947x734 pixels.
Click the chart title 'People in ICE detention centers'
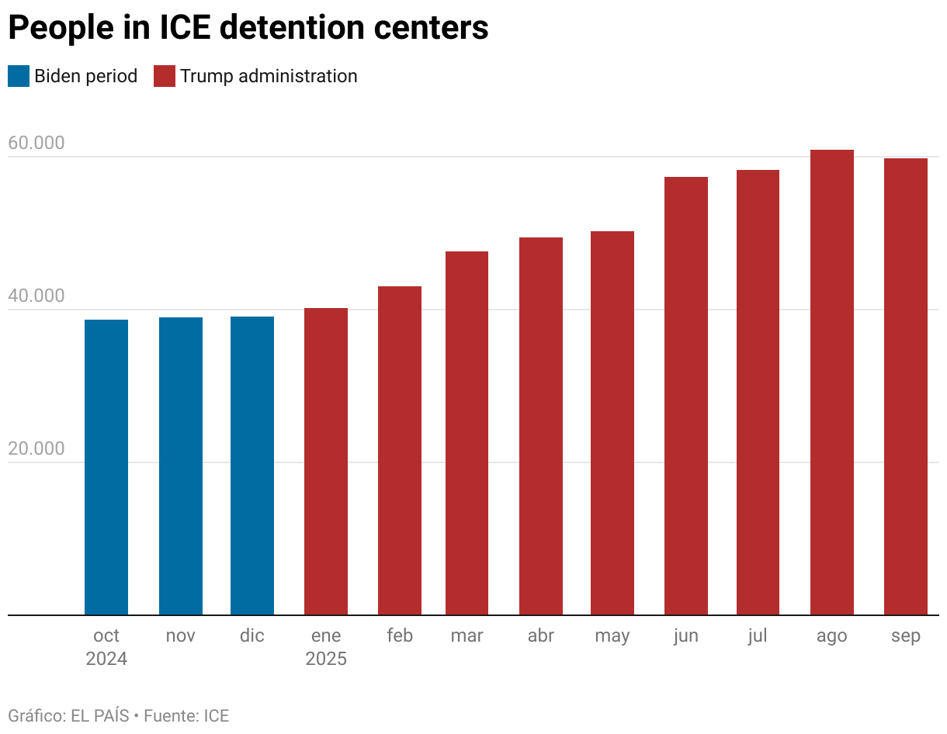(248, 28)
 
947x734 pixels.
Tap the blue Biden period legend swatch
(19, 76)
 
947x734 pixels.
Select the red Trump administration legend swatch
(165, 76)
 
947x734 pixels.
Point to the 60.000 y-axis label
(36, 144)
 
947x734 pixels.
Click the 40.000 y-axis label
(36, 296)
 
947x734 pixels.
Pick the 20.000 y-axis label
(36, 449)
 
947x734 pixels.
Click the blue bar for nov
(181, 466)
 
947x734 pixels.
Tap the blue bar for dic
(252, 466)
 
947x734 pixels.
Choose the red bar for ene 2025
(326, 462)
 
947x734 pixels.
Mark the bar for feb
(400, 450)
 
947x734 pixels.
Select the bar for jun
(686, 396)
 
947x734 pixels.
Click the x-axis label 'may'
(612, 636)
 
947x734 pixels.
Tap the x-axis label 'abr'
(541, 636)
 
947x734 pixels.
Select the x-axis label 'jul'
(758, 636)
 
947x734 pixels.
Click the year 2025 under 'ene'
(326, 660)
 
